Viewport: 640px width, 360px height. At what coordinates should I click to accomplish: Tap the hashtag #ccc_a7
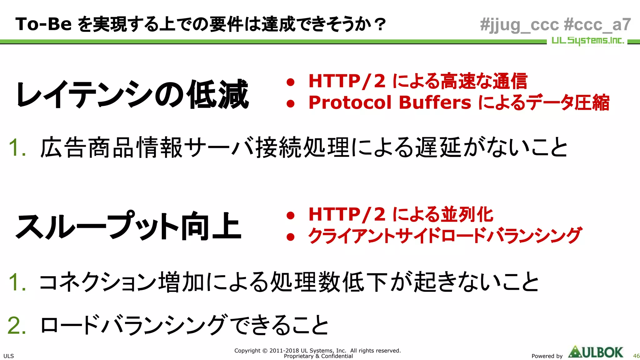coord(597,24)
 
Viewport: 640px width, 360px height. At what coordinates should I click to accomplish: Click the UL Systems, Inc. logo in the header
coord(587,41)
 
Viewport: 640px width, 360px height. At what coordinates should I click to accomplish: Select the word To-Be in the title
coord(43,24)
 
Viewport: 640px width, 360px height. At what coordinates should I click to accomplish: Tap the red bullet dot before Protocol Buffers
coord(291,104)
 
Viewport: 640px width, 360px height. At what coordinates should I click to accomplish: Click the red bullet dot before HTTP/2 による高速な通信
coord(291,82)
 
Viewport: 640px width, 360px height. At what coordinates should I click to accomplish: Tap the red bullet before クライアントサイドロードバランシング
coord(291,237)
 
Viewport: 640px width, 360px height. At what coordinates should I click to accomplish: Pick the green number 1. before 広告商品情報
coord(17,147)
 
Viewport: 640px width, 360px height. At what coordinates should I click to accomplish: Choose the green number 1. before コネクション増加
coord(17,282)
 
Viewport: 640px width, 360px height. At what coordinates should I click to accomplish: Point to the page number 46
coord(636,356)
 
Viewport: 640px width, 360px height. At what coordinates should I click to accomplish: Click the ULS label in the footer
coord(8,356)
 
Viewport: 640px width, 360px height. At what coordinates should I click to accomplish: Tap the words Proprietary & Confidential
coord(318,356)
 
